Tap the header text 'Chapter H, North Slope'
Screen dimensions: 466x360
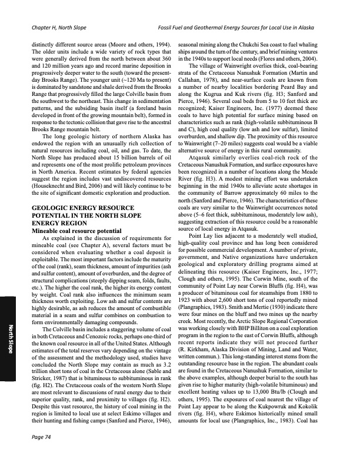point(60,28)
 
